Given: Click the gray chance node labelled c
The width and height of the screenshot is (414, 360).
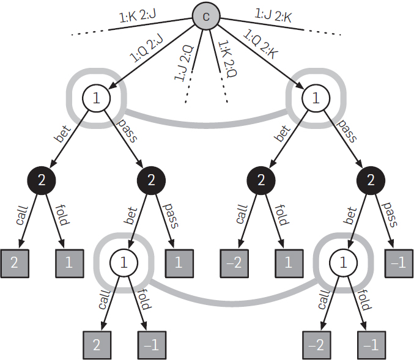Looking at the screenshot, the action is (x=206, y=16).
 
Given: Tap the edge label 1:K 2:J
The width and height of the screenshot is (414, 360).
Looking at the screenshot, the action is (x=138, y=15).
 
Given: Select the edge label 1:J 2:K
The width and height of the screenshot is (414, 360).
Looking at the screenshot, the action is (x=273, y=15).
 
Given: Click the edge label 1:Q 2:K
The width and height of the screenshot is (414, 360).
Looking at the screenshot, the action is (x=261, y=44).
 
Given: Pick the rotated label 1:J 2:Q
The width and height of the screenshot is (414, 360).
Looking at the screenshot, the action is (x=184, y=64).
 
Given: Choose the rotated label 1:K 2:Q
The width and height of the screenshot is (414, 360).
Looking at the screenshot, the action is (x=227, y=59).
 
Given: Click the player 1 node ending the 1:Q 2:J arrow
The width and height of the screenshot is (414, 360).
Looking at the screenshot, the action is (x=96, y=98).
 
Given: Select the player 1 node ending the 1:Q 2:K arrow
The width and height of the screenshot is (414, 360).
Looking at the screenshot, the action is (x=316, y=98).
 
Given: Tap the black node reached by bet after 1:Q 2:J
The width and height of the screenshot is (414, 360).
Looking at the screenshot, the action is (x=42, y=180).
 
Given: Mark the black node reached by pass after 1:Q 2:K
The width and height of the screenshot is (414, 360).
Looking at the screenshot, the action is (x=371, y=180).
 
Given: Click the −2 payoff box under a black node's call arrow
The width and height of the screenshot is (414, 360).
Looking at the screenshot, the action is (x=234, y=263).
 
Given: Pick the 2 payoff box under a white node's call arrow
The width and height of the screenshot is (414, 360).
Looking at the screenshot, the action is (x=97, y=345).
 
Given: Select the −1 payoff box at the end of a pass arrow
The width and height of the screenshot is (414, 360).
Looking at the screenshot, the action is (x=399, y=263).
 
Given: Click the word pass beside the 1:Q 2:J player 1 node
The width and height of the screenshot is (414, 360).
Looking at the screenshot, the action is (x=127, y=131).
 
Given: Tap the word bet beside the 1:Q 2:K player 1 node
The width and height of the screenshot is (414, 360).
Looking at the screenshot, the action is (x=283, y=133).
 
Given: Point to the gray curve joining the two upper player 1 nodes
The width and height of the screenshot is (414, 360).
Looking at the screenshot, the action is (x=206, y=125).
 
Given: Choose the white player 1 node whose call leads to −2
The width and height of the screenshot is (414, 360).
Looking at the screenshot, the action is (x=343, y=263).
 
